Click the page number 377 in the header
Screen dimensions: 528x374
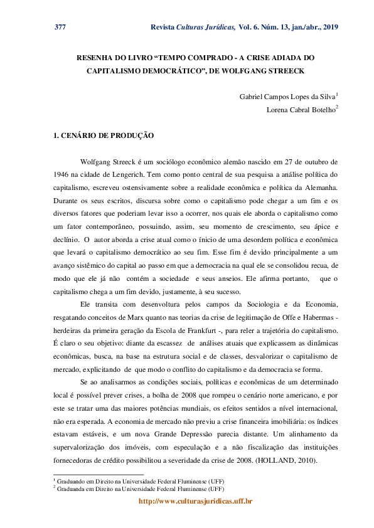click(60, 27)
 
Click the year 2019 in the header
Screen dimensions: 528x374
click(329, 27)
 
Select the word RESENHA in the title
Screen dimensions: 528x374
click(97, 57)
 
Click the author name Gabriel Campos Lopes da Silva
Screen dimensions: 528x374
click(287, 97)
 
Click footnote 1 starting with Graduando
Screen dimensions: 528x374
click(138, 480)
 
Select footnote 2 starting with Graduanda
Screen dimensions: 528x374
click(138, 487)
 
